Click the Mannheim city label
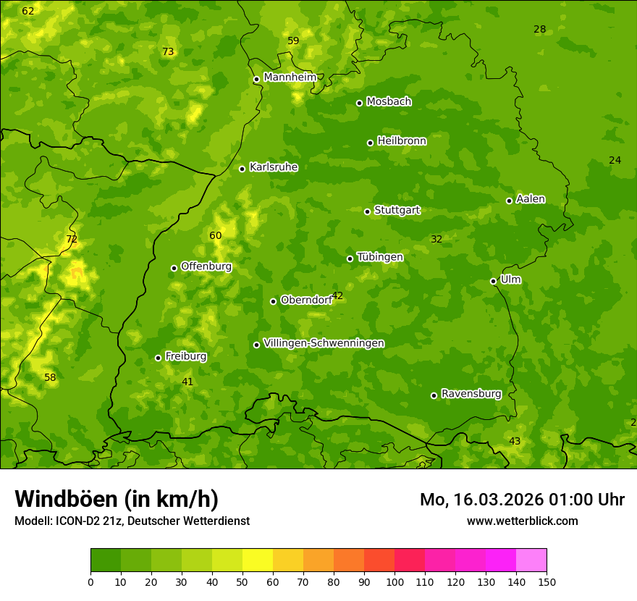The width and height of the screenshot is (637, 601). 290,77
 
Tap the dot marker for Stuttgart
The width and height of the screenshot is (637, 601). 367,211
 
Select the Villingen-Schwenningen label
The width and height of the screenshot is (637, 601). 324,343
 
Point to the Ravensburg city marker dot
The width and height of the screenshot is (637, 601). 434,395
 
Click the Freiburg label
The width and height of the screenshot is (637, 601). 185,356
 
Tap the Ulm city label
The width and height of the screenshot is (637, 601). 510,280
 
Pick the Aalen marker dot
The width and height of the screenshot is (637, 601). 509,201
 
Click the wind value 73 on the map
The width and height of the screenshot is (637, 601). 168,51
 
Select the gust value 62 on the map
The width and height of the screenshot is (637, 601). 28,11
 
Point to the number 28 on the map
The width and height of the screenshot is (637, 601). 539,29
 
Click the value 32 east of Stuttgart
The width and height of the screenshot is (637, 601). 436,239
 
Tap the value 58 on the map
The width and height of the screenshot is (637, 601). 49,377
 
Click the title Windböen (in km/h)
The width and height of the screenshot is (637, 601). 117,499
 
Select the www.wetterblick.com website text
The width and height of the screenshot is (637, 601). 522,521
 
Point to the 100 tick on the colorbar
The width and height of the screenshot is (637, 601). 395,581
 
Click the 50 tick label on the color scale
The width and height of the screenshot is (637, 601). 242,581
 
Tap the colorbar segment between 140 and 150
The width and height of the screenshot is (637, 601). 531,560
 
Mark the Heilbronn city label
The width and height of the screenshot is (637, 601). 402,141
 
